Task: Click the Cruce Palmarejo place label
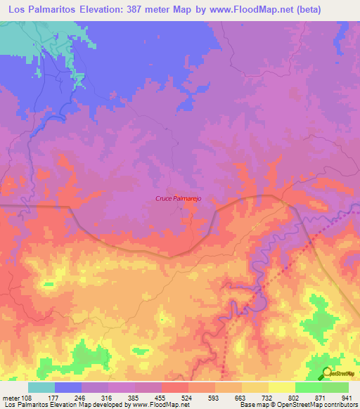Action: coord(179,199)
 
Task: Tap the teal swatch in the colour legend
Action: coord(41,387)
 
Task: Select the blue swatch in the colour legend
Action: coord(68,387)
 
